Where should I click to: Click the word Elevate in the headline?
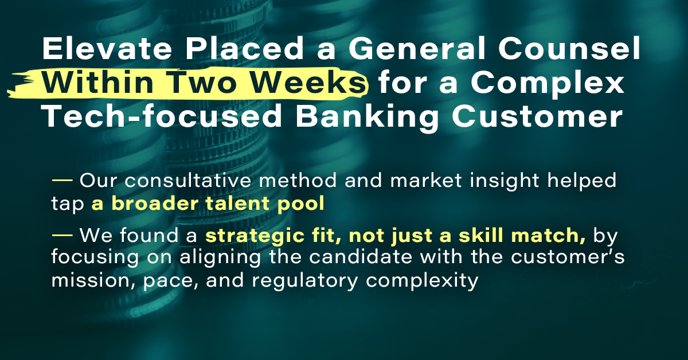coord(107,48)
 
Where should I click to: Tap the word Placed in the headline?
coord(245,48)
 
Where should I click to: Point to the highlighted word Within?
coord(97,83)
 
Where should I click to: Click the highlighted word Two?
coord(202,83)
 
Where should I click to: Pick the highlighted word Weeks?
coord(308,83)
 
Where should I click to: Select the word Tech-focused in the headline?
coord(162,116)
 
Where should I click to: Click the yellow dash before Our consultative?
coord(62,180)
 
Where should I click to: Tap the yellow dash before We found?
coord(62,235)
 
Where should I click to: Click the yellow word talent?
coord(238,204)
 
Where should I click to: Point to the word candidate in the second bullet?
coord(360,257)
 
